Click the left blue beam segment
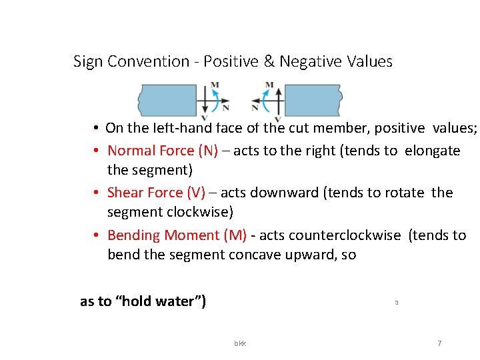click(167, 100)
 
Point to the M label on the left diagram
click(215, 85)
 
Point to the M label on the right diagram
click(269, 85)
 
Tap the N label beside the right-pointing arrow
click(226, 107)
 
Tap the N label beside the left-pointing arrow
click(255, 107)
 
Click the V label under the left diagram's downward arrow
click(205, 119)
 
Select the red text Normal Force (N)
click(163, 151)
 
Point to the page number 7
click(439, 343)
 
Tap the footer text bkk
click(240, 343)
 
